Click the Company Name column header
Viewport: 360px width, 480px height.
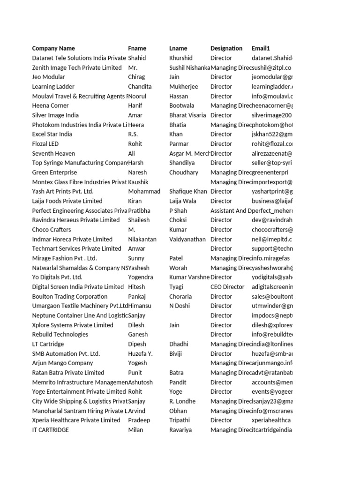[53, 48]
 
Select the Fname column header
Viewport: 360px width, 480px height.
[137, 48]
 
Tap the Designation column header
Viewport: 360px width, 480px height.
[226, 48]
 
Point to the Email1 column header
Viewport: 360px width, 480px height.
[261, 48]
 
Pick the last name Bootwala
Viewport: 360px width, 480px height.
[181, 105]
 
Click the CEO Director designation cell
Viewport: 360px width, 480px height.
[227, 287]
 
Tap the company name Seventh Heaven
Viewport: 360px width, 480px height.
[53, 153]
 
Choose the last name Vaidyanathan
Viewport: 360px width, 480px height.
[187, 239]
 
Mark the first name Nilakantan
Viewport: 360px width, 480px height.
[142, 239]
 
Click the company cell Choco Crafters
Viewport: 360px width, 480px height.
[52, 230]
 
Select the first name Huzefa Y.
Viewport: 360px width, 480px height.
[140, 353]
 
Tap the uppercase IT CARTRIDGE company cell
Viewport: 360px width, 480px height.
[50, 430]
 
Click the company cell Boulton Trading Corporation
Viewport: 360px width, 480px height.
[69, 296]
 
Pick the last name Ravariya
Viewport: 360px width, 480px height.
[181, 430]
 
